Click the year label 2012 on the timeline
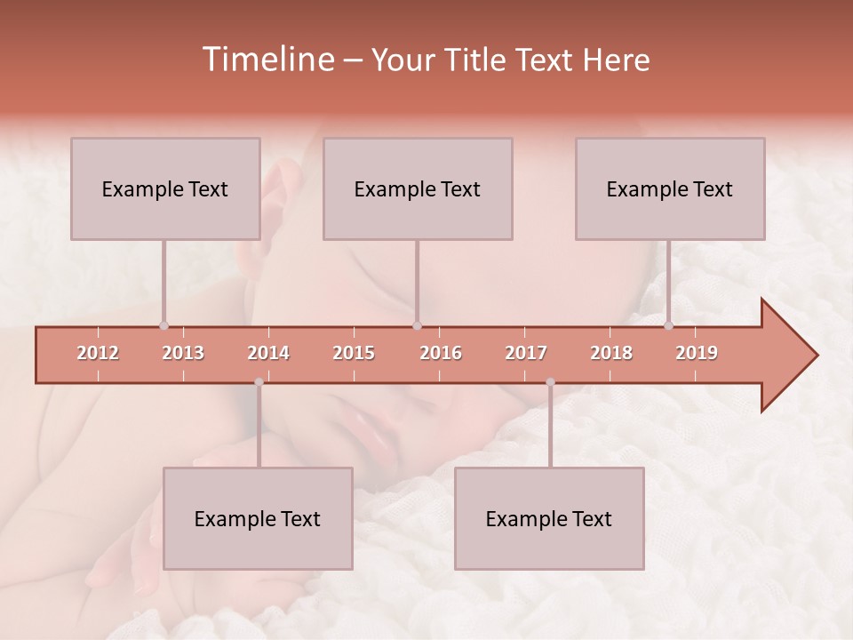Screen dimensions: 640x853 click(98, 353)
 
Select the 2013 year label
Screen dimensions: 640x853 click(183, 353)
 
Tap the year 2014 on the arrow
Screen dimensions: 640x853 click(268, 353)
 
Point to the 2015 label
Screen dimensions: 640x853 click(354, 353)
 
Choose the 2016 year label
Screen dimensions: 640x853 click(441, 353)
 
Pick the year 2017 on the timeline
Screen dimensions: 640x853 click(526, 353)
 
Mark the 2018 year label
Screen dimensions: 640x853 click(611, 353)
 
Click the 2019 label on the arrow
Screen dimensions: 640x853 click(697, 353)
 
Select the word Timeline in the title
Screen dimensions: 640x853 click(267, 60)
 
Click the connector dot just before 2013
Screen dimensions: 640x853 click(163, 325)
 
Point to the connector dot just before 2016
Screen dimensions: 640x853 click(417, 325)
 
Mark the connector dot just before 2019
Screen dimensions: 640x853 click(669, 325)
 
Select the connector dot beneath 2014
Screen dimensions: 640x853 click(259, 382)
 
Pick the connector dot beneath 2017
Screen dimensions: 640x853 click(550, 382)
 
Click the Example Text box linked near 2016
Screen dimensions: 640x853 click(417, 188)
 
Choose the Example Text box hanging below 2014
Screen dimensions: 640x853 click(258, 518)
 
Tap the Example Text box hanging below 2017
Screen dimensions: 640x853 click(549, 518)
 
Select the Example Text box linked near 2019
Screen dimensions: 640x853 click(670, 188)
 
